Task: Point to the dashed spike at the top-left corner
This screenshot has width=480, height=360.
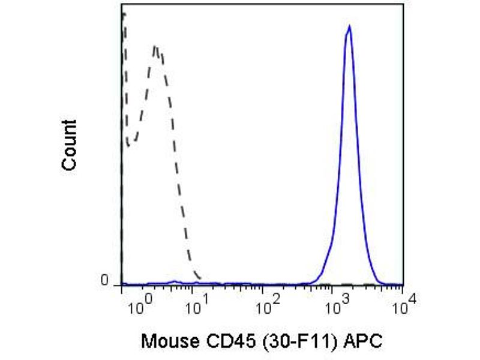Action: click(123, 15)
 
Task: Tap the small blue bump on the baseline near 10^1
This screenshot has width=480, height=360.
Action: click(175, 281)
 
